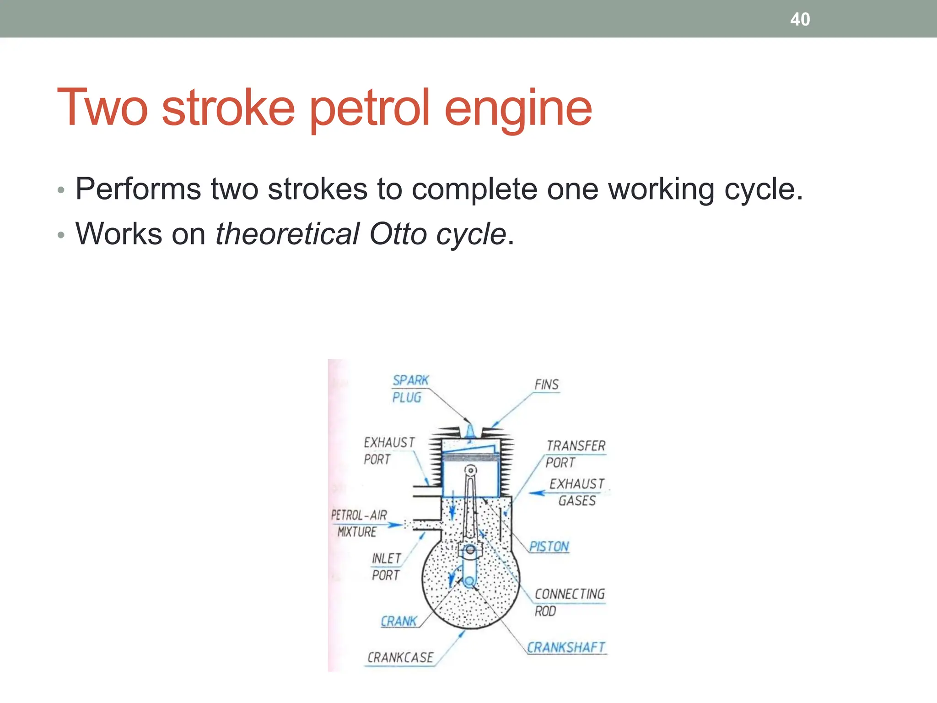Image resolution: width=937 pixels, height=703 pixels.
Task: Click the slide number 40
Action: [x=800, y=19]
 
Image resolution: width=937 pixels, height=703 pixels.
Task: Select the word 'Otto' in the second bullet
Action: [x=398, y=234]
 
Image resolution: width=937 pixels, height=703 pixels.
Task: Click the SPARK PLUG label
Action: [x=409, y=389]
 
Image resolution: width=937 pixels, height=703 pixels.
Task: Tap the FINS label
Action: [x=547, y=384]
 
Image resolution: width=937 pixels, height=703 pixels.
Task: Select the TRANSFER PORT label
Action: [x=575, y=454]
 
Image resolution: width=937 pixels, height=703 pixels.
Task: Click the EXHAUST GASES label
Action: [x=577, y=492]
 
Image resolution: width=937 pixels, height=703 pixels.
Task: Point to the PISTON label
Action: [x=549, y=546]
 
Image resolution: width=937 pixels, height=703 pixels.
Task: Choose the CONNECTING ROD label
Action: [x=569, y=602]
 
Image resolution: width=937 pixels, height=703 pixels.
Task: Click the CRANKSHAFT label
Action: [x=566, y=648]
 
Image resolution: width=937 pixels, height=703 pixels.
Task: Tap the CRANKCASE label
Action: [x=400, y=658]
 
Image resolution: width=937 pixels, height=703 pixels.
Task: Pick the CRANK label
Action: [x=399, y=621]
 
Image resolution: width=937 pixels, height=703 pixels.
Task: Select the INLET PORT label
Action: [x=387, y=567]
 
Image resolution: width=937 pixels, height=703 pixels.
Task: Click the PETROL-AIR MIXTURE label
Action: [x=359, y=523]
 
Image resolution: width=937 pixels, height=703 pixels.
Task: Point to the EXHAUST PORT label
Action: [x=389, y=450]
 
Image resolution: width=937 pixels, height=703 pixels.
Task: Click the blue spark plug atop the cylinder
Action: [x=470, y=432]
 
